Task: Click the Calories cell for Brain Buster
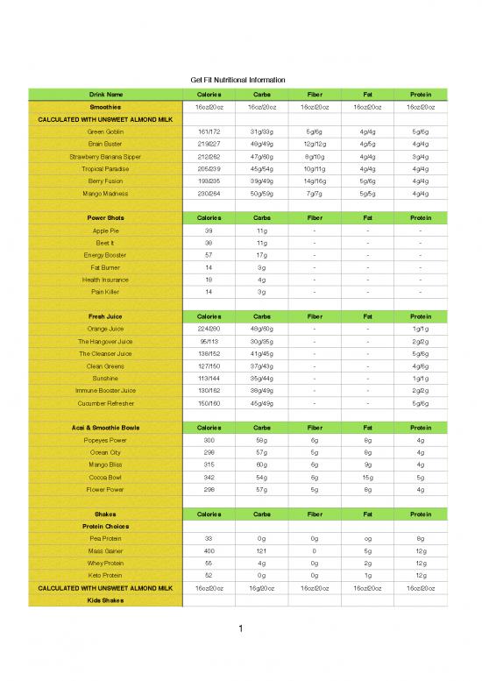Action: point(209,144)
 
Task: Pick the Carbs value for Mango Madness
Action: point(261,193)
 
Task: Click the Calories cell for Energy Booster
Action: point(209,254)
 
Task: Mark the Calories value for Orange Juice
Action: point(209,329)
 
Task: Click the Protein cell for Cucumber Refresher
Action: point(421,403)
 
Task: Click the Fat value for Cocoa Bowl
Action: point(368,477)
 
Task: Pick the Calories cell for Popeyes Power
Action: point(209,440)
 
